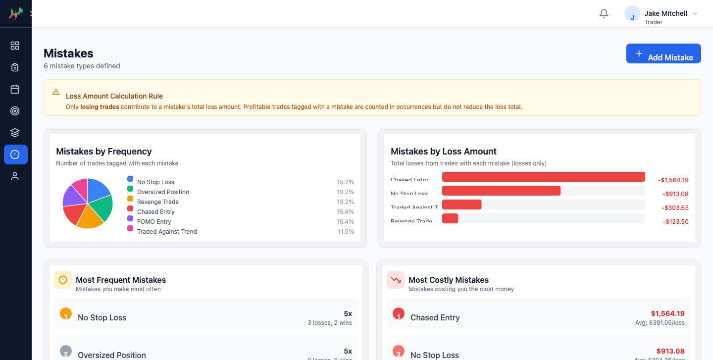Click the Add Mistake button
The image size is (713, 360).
pos(663,53)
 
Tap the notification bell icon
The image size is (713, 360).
pos(604,14)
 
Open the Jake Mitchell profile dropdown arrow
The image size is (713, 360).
pos(695,14)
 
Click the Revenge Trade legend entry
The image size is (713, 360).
pos(157,202)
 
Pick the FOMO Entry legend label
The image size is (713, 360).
pos(154,222)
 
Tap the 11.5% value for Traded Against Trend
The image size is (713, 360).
pos(346,232)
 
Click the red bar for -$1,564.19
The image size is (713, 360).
pos(543,177)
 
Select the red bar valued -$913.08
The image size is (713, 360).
pos(501,191)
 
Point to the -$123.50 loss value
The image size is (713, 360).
pos(675,222)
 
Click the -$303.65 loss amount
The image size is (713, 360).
pos(675,208)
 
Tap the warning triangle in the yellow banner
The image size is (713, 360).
pos(56,92)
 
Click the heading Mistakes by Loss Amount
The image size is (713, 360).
pos(443,152)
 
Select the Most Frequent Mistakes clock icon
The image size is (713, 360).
pos(63,280)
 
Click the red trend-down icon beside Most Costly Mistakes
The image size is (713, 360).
pos(396,280)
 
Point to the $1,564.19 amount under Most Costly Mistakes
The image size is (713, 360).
pos(667,313)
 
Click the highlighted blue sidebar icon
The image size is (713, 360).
pos(15,154)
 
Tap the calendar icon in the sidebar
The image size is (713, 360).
pos(15,89)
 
